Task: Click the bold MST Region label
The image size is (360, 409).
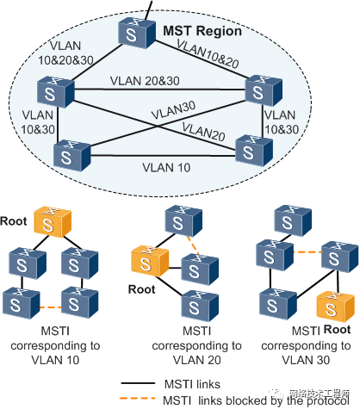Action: coord(203,33)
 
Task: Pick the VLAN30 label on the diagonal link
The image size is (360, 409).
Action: coord(173,112)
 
